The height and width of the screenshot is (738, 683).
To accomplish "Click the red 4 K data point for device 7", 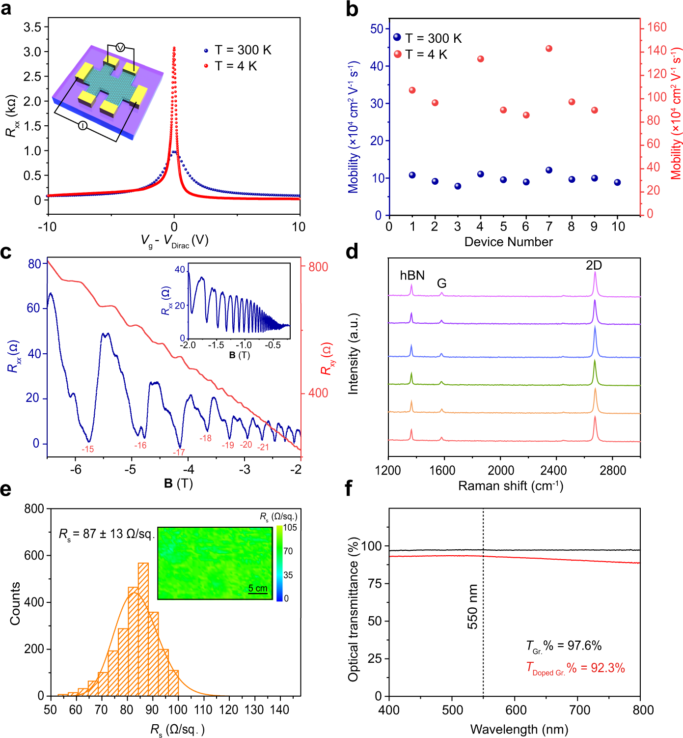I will pos(549,49).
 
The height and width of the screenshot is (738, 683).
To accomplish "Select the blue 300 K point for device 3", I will pos(458,186).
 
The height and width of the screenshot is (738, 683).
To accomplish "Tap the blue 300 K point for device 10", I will pos(617,182).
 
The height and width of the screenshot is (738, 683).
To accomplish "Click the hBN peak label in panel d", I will pos(412,275).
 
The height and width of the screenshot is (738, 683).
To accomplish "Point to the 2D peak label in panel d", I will pos(594,265).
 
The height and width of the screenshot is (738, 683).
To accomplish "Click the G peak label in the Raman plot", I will pos(441,284).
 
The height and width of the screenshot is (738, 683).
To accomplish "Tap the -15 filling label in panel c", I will pos(87,449).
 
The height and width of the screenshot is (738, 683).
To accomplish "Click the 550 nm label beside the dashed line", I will pos(472,607).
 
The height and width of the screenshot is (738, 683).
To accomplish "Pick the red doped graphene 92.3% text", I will pos(575,668).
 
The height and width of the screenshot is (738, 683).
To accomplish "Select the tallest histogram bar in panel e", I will pos(143,629).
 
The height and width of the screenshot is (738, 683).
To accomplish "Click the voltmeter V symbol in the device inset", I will pos(120,48).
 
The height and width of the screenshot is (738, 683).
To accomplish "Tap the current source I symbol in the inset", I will pos(82,126).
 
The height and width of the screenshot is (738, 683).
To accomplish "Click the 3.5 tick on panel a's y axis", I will pos(33,27).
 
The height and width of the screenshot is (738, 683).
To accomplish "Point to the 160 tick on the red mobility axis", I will pos(656,27).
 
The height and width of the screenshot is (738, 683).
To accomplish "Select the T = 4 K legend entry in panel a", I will pos(231,66).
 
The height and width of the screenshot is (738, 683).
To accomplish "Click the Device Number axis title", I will pos(508,242).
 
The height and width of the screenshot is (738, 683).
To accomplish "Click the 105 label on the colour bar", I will pos(290,528).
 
